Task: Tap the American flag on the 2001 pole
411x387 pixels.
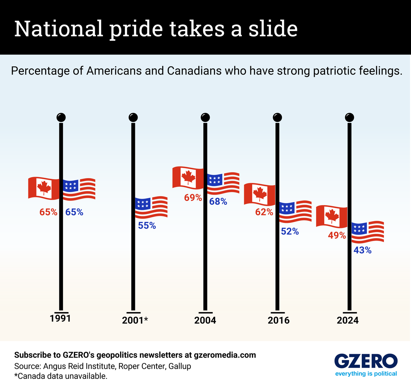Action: [151, 207]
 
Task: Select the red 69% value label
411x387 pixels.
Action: [193, 198]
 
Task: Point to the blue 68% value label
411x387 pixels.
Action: [218, 202]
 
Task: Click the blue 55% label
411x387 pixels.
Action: [147, 226]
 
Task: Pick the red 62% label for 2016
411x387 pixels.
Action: [264, 212]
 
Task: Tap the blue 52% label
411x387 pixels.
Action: [290, 232]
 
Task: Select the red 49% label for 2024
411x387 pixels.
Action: [337, 236]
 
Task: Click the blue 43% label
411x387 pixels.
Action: [362, 251]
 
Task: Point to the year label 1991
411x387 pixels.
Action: [60, 319]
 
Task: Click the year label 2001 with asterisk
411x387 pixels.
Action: [135, 320]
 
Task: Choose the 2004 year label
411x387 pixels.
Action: [205, 320]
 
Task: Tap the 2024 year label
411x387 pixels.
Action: [348, 320]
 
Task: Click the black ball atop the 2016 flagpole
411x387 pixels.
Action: [277, 118]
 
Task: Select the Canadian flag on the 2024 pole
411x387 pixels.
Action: [332, 216]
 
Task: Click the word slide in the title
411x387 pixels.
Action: [273, 29]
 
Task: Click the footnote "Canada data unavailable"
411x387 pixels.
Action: [61, 376]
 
